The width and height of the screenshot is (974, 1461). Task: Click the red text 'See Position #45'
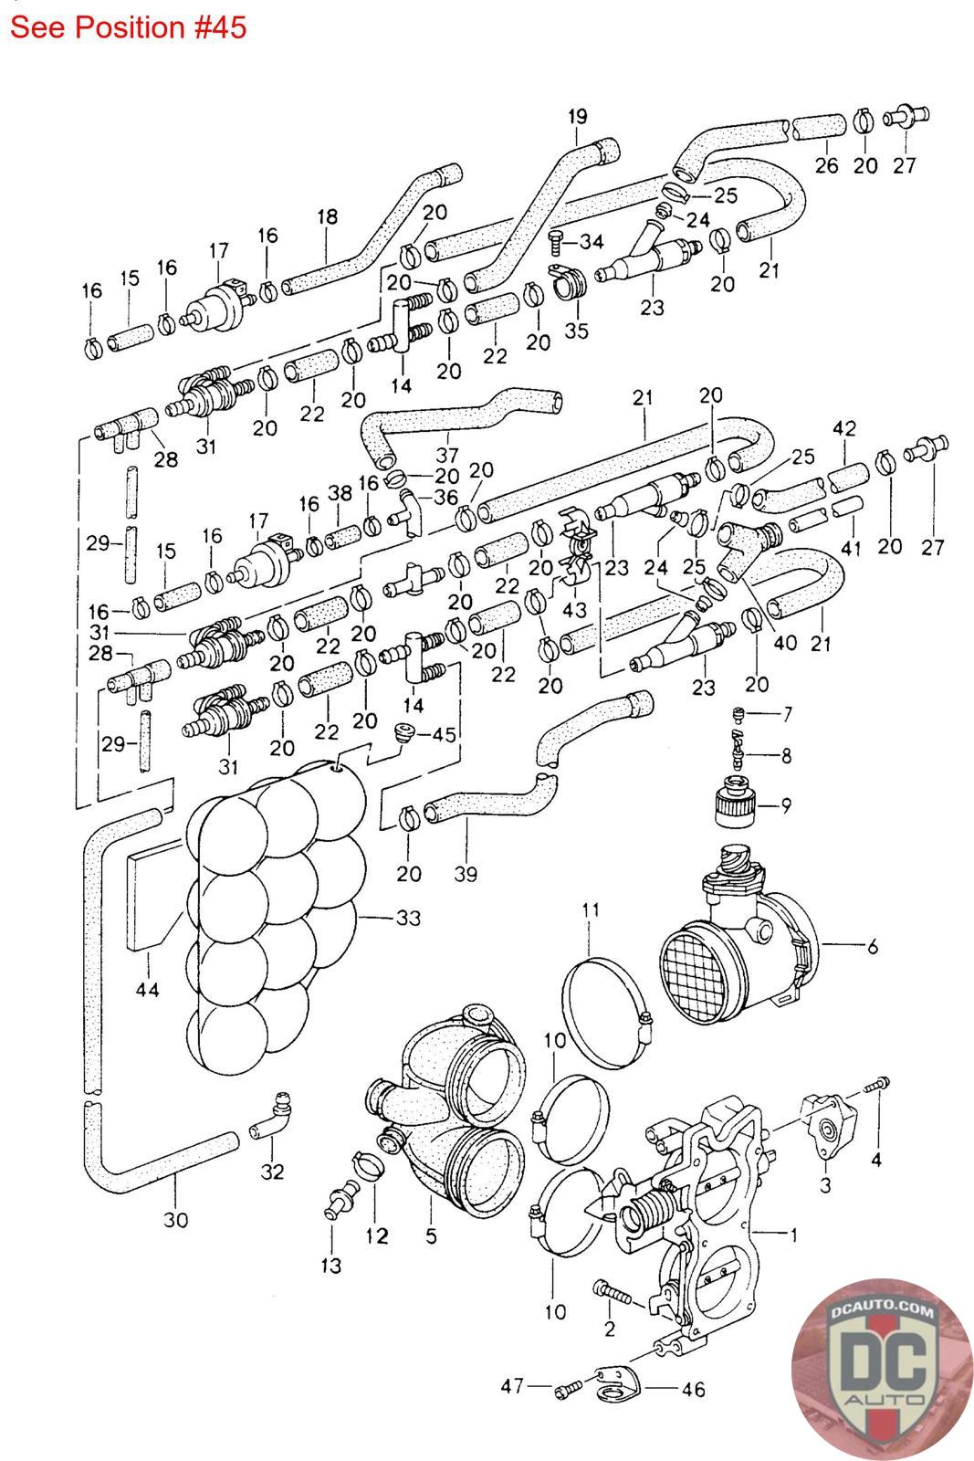click(x=128, y=27)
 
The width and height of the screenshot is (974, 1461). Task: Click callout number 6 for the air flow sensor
click(x=872, y=947)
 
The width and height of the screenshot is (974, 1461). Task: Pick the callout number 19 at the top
click(x=577, y=116)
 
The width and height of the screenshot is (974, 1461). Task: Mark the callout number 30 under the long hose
click(x=175, y=1219)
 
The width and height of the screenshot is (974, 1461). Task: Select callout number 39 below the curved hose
click(x=466, y=874)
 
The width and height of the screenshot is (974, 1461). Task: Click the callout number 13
click(x=330, y=1265)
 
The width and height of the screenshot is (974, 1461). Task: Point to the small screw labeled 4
click(x=878, y=1085)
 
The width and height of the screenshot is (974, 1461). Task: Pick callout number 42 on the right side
click(x=844, y=428)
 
